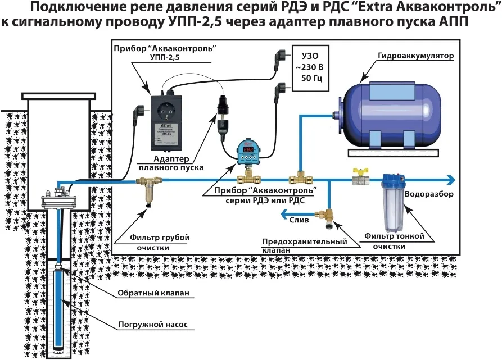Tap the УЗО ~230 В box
click(309, 66)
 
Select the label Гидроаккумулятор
click(417, 57)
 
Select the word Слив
click(299, 220)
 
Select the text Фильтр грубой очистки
click(160, 242)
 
